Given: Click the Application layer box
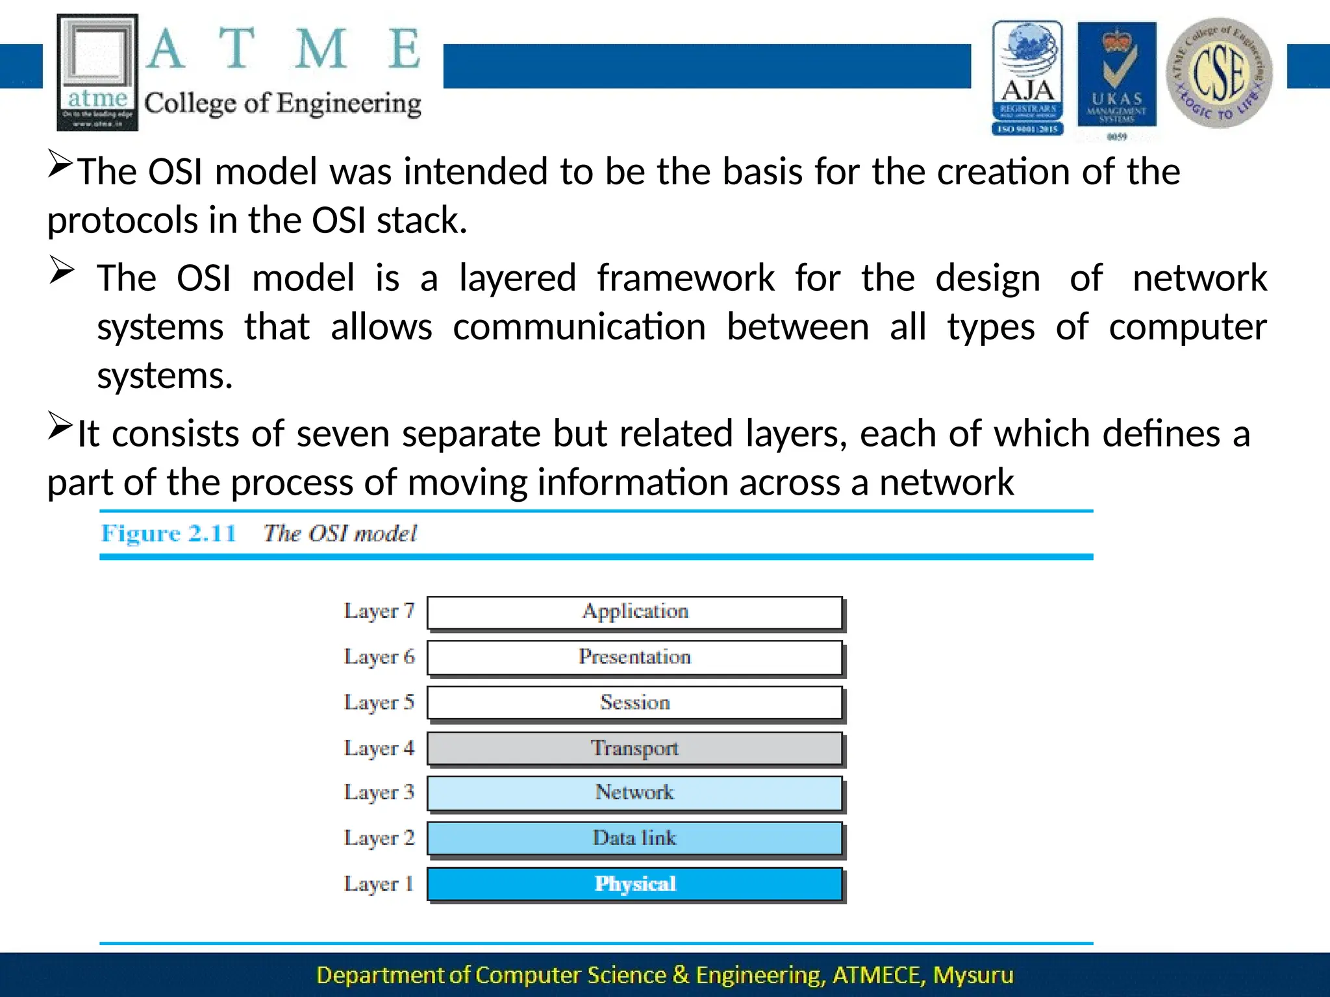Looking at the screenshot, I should coord(634,612).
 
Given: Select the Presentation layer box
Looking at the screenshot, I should coord(634,658).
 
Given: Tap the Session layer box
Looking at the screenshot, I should coord(634,703).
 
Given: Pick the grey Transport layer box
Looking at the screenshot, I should coord(634,748).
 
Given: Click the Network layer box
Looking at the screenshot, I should coord(634,793).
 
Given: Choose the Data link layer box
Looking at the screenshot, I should coord(634,838).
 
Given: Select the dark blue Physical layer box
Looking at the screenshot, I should coord(634,884).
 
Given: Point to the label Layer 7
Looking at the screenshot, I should coord(379,611).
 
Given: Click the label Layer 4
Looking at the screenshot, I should coord(379,748).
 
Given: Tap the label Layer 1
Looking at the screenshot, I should coord(379,884).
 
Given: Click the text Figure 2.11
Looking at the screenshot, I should coord(168,534).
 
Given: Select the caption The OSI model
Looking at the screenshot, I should coord(340,534).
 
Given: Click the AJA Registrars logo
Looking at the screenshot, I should coord(1027,78).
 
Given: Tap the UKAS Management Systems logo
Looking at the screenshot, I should coord(1116,78).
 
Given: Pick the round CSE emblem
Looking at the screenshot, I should coord(1219,73).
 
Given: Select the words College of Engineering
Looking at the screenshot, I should coord(282,104).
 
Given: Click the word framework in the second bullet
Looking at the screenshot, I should coord(685,278).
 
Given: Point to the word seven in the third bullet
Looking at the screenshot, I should coord(342,434).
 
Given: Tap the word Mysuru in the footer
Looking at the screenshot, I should coord(973,975).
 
